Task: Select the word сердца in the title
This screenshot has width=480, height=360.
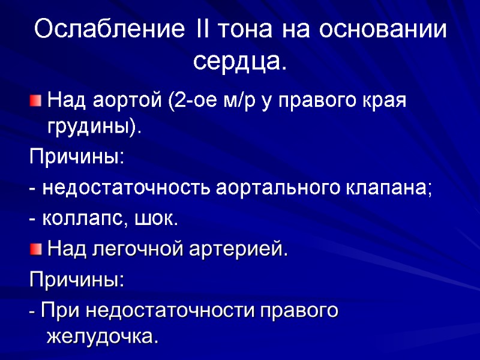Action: [238, 60]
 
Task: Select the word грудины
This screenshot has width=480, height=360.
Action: [93, 127]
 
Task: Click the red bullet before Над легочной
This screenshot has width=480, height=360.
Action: [36, 248]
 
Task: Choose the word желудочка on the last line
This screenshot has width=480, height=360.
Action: [102, 337]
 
